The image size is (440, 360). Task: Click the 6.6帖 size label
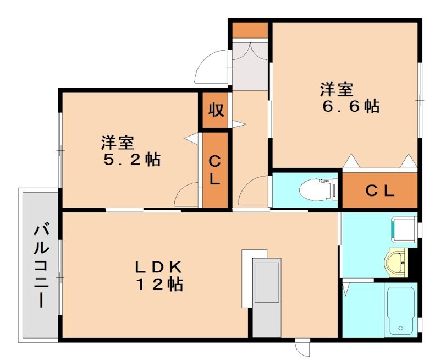pyautogui.click(x=350, y=107)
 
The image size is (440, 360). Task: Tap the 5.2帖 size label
pyautogui.click(x=131, y=160)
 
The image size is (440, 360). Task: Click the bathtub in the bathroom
pyautogui.click(x=401, y=309)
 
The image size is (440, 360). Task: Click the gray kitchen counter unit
pyautogui.click(x=266, y=296)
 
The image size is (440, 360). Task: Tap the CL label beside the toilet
pyautogui.click(x=380, y=191)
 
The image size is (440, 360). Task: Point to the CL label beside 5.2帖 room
pyautogui.click(x=215, y=170)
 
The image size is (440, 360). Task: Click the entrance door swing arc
pyautogui.click(x=211, y=66)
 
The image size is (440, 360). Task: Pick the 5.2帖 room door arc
pyautogui.click(x=187, y=194)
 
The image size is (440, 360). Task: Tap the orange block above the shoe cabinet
pyautogui.click(x=249, y=30)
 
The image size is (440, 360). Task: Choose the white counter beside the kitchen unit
pyautogui.click(x=247, y=278)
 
